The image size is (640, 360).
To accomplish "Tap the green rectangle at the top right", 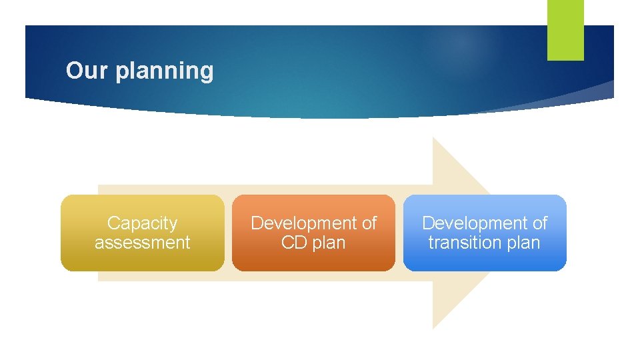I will click(565, 29).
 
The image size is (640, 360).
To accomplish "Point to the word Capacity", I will click(142, 223).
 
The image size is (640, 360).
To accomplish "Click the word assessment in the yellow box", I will click(142, 243).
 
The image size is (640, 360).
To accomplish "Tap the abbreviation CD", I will click(293, 243).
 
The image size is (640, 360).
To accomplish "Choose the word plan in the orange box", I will click(329, 243).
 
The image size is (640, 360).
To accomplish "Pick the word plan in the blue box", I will click(523, 243).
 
